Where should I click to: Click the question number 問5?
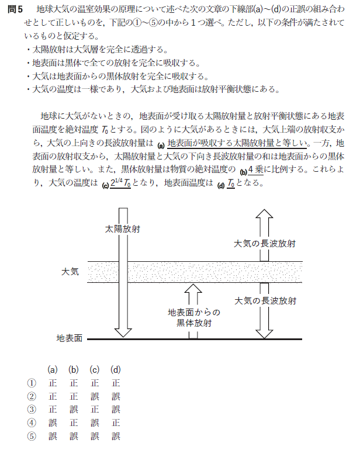pyautogui.click(x=15, y=9)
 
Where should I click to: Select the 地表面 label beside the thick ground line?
pyautogui.click(x=69, y=338)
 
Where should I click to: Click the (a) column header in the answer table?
pyautogui.click(x=53, y=369)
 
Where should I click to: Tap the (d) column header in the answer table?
pyautogui.click(x=115, y=369)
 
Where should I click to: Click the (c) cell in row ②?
pyautogui.click(x=94, y=396)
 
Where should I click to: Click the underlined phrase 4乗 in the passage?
pyautogui.click(x=257, y=170)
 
